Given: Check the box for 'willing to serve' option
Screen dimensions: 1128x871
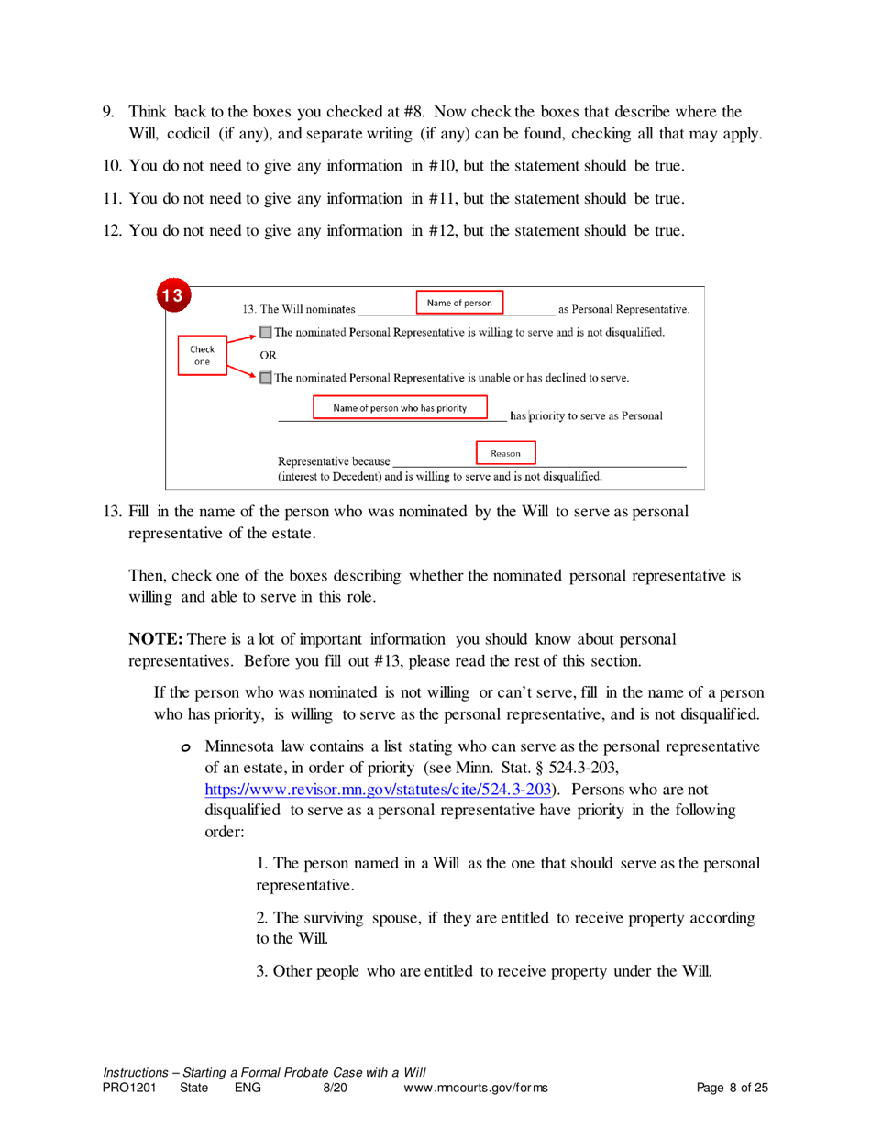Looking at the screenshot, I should coord(265,331).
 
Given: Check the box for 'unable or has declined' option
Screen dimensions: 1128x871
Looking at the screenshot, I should coord(265,377).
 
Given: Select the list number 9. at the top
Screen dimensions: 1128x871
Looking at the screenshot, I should coord(107,112).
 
